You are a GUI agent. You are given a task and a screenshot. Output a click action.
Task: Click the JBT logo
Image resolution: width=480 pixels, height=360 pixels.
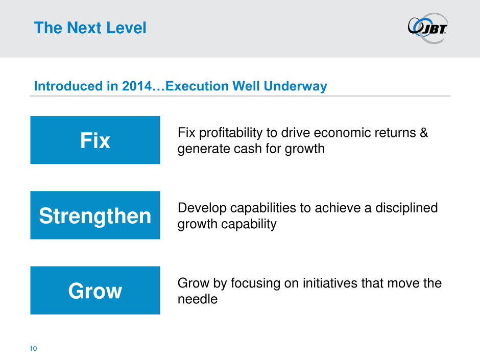[428, 28]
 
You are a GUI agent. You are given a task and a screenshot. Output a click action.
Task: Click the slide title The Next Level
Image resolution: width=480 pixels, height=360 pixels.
[90, 28]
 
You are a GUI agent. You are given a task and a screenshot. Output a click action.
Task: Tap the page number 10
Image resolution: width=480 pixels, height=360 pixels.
[33, 348]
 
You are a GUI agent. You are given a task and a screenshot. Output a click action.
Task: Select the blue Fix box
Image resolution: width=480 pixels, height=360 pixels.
[95, 140]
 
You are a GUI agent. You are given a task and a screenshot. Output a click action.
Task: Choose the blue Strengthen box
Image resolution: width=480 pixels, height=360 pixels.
[95, 215]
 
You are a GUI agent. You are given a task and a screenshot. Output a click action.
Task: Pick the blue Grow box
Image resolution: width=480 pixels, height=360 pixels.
[95, 290]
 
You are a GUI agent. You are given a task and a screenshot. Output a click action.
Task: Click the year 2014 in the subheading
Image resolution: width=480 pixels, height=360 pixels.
[137, 86]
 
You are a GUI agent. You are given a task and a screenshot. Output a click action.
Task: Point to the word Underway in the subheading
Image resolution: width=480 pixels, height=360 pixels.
[296, 86]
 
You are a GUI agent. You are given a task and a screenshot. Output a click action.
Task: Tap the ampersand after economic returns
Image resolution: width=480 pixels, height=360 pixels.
[424, 133]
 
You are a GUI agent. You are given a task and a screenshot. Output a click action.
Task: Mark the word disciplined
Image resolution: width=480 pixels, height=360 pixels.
[406, 208]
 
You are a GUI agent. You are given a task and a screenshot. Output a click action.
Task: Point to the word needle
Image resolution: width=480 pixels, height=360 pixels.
[198, 299]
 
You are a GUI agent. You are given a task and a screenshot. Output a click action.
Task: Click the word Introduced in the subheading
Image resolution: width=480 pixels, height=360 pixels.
[68, 86]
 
